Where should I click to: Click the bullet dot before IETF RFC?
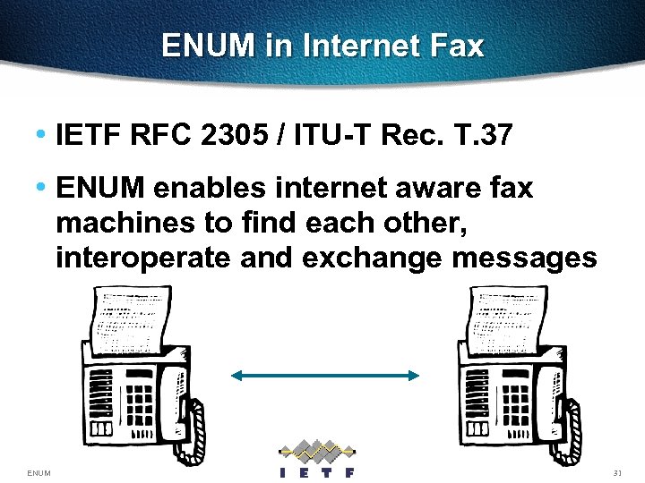click(41, 135)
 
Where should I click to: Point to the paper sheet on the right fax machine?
click(506, 318)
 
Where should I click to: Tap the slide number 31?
click(616, 472)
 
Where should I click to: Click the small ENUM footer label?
click(39, 472)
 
